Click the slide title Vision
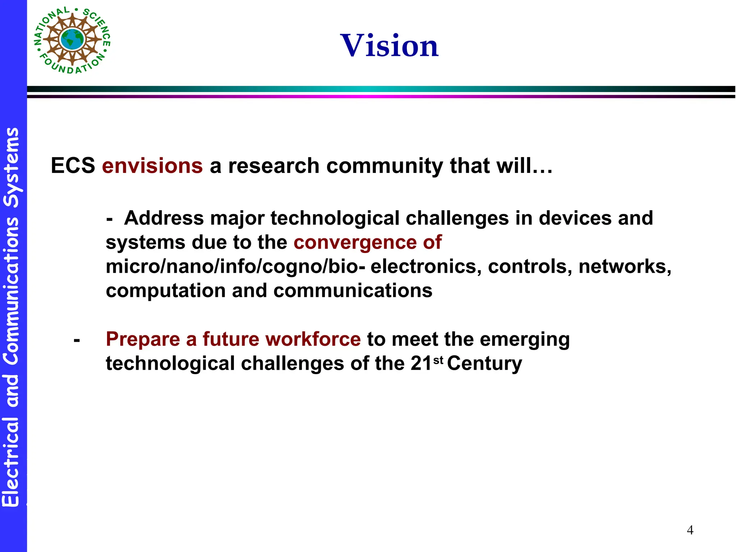[x=389, y=46]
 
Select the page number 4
[x=690, y=530]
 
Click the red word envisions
[x=152, y=166]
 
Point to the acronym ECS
[x=73, y=166]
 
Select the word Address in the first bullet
[x=164, y=218]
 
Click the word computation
[x=166, y=291]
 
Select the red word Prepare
[x=143, y=339]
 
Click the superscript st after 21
[x=438, y=360]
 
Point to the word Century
[x=484, y=363]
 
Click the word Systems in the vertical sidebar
[x=11, y=167]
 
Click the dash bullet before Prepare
[x=77, y=340]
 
